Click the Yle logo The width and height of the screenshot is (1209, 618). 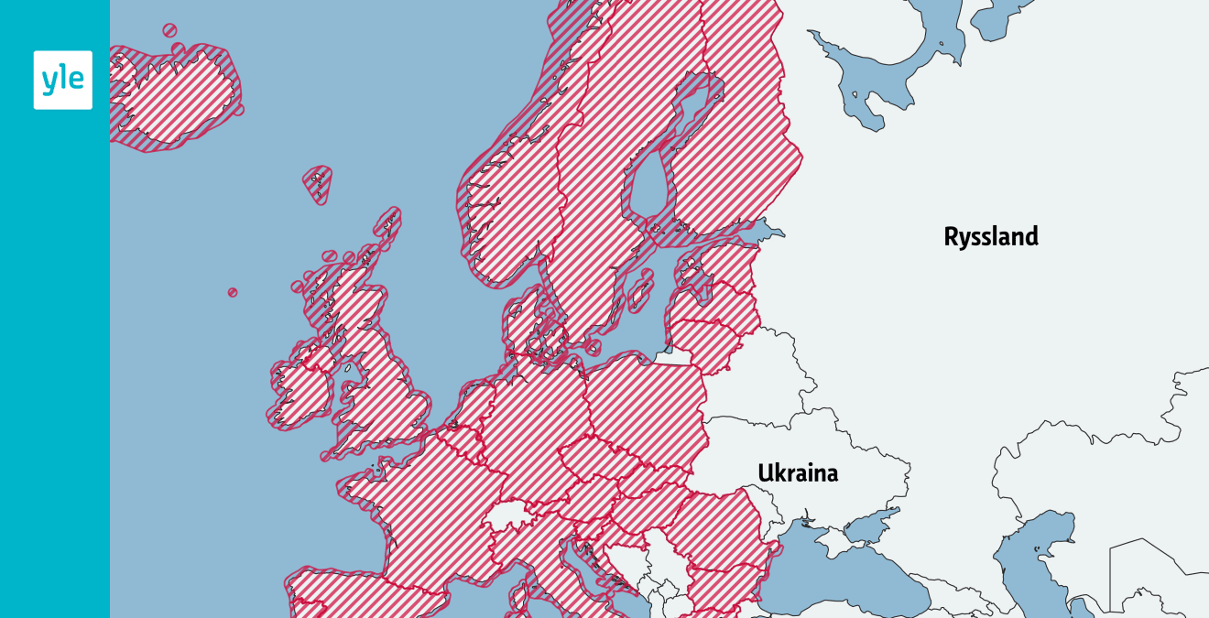[62, 81]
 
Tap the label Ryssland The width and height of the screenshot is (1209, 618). [991, 237]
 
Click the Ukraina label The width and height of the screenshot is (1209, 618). [798, 473]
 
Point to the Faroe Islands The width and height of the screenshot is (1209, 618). [318, 184]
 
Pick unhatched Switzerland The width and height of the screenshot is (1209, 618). [509, 517]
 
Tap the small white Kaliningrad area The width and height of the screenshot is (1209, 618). [675, 358]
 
